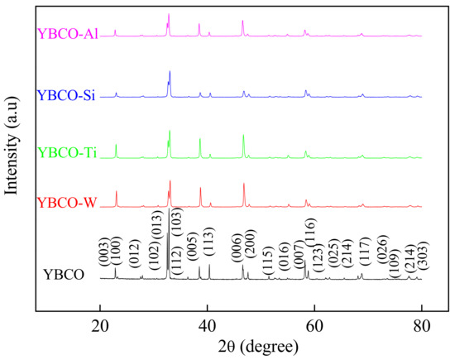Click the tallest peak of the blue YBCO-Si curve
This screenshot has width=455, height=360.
(170, 72)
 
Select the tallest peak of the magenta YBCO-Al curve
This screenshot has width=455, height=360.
(169, 15)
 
